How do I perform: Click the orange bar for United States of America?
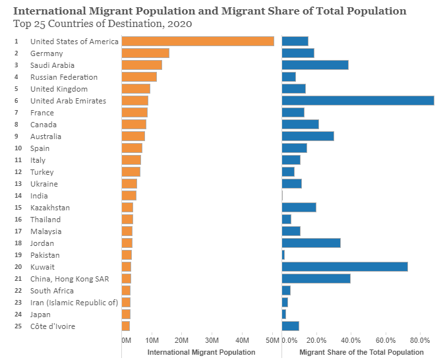tap(198, 42)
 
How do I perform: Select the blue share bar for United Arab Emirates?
tap(358, 101)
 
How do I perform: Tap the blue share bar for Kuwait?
tap(345, 267)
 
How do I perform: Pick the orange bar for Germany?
tap(146, 53)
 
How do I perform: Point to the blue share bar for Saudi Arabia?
tap(315, 65)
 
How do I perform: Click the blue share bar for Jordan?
tap(311, 243)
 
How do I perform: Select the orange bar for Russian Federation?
tap(139, 77)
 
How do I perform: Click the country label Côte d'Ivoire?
tap(53, 326)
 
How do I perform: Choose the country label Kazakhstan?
tap(50, 208)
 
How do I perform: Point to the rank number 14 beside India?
tap(17, 196)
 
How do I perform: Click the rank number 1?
tap(16, 42)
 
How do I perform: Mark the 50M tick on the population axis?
tap(272, 340)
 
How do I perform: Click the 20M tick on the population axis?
tap(181, 340)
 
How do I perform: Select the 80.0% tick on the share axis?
tap(420, 340)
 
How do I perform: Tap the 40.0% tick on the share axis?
tap(351, 340)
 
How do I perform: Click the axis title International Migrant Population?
tap(201, 352)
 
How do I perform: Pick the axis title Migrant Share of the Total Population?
tap(361, 352)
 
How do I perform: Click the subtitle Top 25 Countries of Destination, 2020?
tap(103, 23)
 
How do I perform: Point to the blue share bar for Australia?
tap(308, 136)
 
